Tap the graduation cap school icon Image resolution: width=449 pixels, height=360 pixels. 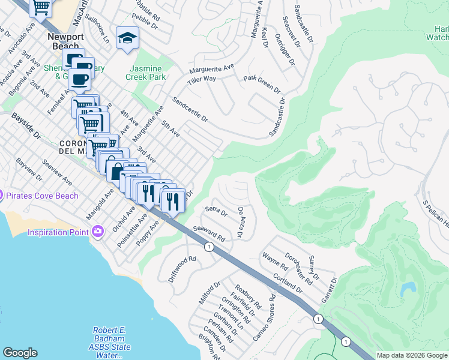click(x=127, y=38)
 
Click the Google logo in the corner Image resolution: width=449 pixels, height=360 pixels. click(x=20, y=353)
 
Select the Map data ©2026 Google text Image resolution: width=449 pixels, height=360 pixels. click(x=412, y=355)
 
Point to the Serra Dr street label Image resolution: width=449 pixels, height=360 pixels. click(x=216, y=211)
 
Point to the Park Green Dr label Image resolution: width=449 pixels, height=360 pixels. click(x=262, y=83)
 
